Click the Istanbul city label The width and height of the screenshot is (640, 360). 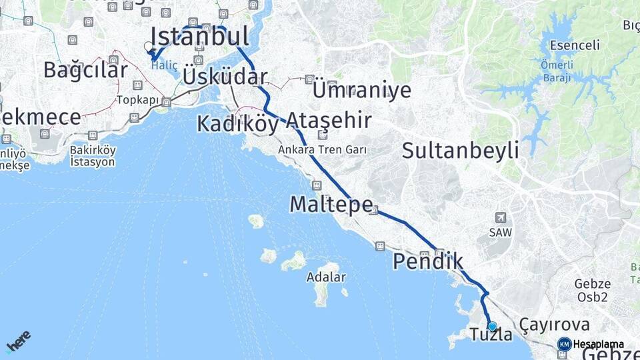[199, 36]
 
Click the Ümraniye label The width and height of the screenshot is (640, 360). [361, 90]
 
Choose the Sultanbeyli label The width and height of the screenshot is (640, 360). [460, 150]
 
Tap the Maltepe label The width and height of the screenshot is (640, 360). [331, 205]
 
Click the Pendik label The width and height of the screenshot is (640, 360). [427, 261]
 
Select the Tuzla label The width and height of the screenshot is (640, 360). [491, 335]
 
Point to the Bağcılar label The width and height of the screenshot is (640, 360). [76, 69]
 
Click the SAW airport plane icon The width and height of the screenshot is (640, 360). [501, 217]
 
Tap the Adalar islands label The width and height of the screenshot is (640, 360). [327, 277]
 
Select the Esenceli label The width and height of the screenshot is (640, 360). [575, 46]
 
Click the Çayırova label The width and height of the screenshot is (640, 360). [555, 325]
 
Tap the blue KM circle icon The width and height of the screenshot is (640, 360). [564, 344]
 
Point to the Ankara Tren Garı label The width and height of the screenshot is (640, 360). [322, 150]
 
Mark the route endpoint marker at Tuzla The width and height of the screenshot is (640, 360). [492, 326]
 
